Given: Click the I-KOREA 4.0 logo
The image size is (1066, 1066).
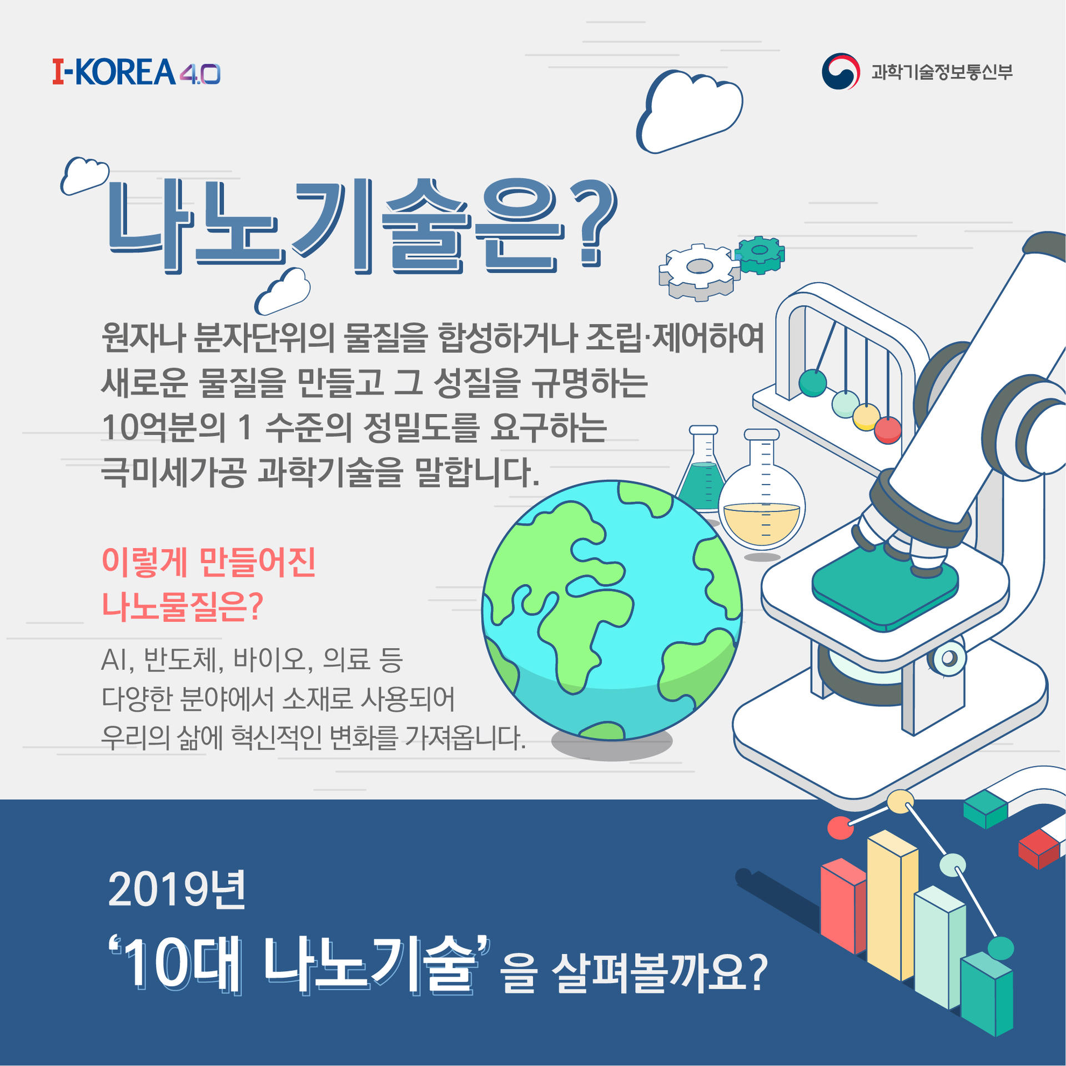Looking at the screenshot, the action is coord(137,72).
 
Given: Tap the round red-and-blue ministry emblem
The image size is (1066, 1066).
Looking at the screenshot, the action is coord(841,71).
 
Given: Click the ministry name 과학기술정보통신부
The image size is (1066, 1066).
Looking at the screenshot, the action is coord(942,72).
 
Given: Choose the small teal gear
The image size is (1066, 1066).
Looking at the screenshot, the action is coord(760,254).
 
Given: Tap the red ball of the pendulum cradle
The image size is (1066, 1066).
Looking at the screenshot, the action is coord(888,430).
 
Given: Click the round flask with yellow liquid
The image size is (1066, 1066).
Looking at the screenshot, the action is coord(762,494).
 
